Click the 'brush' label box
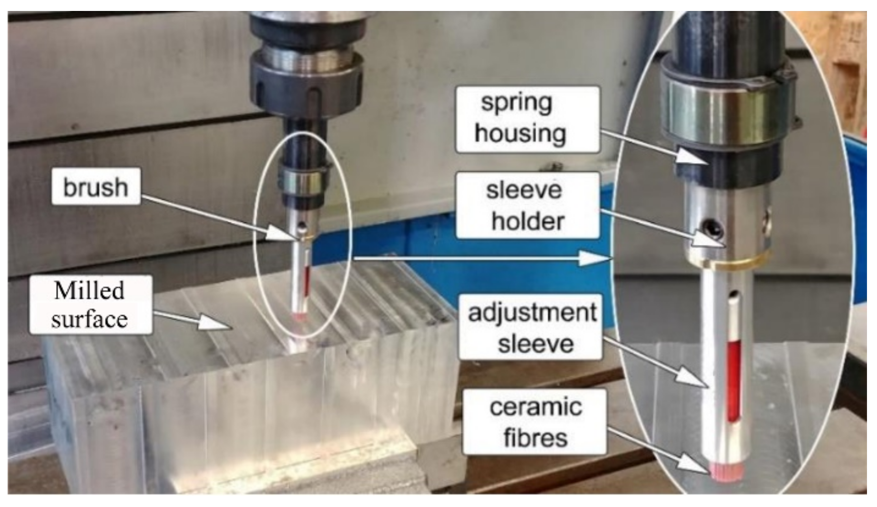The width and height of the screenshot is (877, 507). (x=96, y=186)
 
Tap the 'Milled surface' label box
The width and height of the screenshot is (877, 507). (x=91, y=304)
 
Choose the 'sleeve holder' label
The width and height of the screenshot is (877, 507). (x=528, y=205)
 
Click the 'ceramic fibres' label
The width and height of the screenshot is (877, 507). (x=535, y=422)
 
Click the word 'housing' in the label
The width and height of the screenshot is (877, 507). (x=520, y=133)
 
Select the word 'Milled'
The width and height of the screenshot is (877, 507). (x=90, y=291)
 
